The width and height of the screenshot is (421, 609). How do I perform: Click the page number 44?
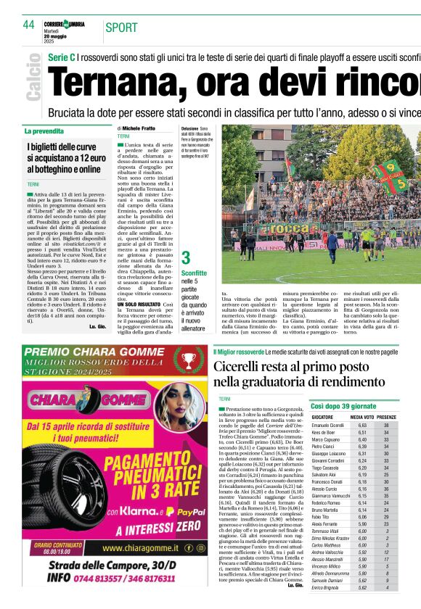coord(29,25)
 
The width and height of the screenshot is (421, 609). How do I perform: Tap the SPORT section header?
coord(121,28)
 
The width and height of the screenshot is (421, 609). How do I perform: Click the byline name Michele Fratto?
coord(138,128)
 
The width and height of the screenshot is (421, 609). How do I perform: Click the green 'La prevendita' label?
coord(44,131)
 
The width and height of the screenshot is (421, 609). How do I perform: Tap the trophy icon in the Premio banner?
coord(189,360)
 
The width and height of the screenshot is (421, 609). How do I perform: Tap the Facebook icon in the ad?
coord(179,548)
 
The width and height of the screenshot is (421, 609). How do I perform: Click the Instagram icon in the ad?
coord(190,548)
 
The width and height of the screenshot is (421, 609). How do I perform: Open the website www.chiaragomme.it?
coord(137,549)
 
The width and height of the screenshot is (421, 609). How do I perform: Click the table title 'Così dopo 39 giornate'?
coord(343,406)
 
